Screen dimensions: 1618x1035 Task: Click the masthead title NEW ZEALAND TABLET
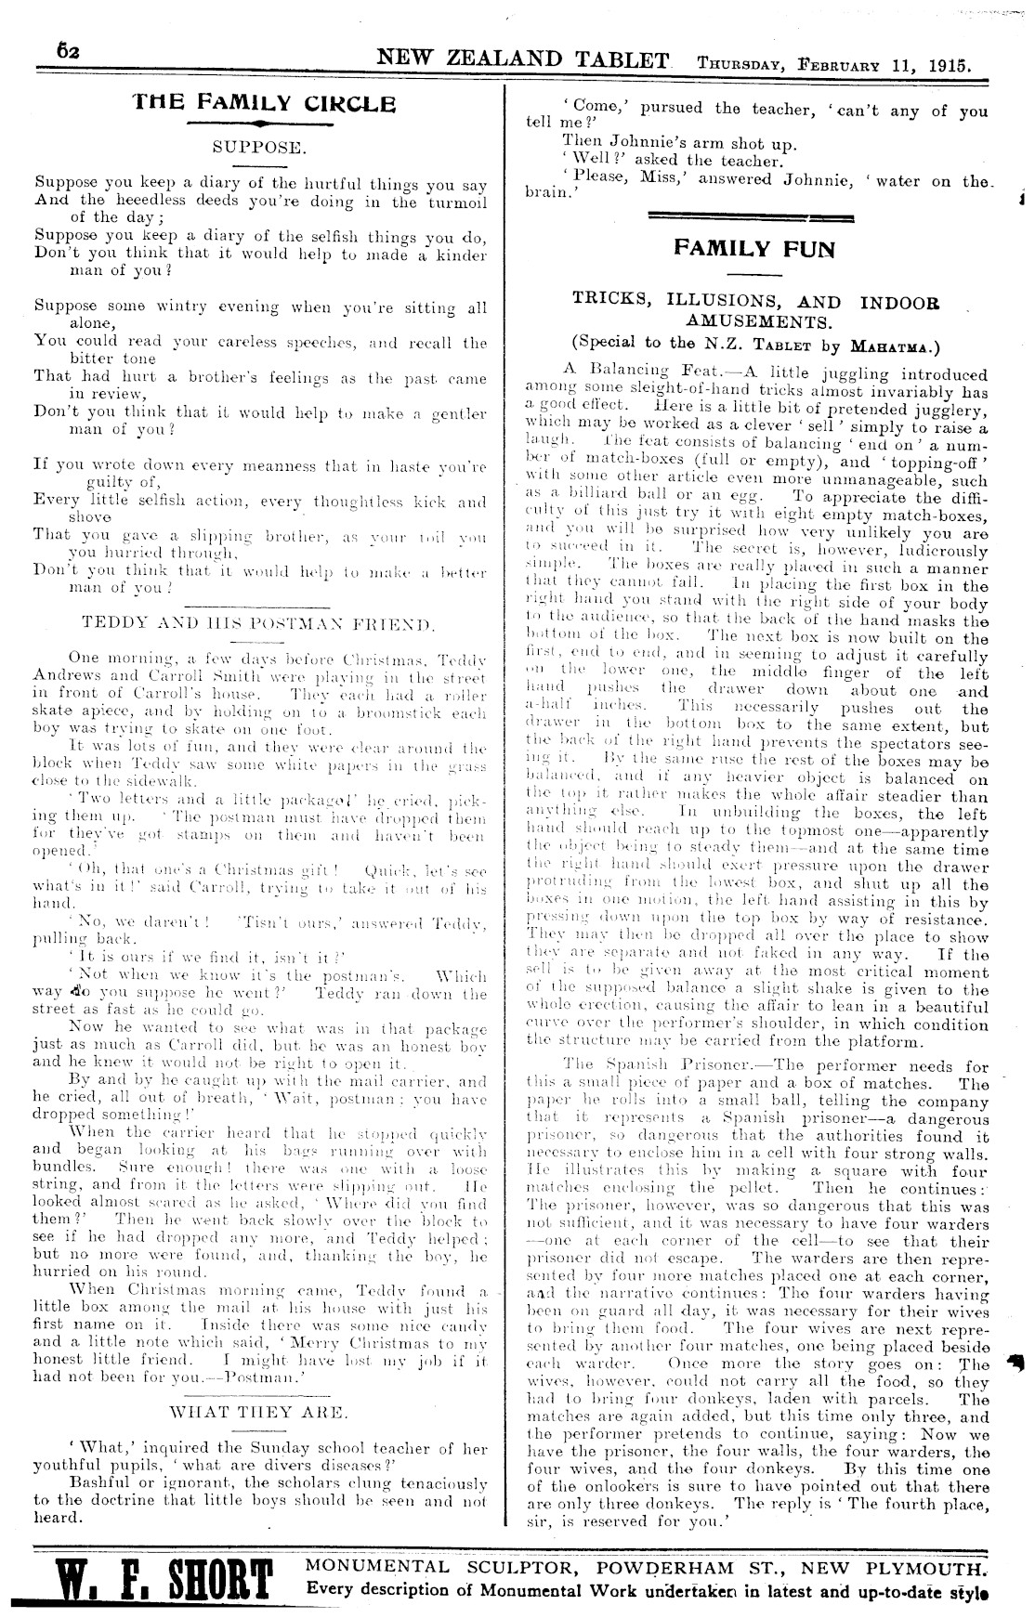[x=522, y=60]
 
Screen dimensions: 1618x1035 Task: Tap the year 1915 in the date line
[x=947, y=66]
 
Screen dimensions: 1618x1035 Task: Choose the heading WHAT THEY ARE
[x=259, y=1414]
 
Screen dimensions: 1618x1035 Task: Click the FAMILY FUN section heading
[x=754, y=249]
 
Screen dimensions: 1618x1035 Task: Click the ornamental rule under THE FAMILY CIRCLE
[x=265, y=124]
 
